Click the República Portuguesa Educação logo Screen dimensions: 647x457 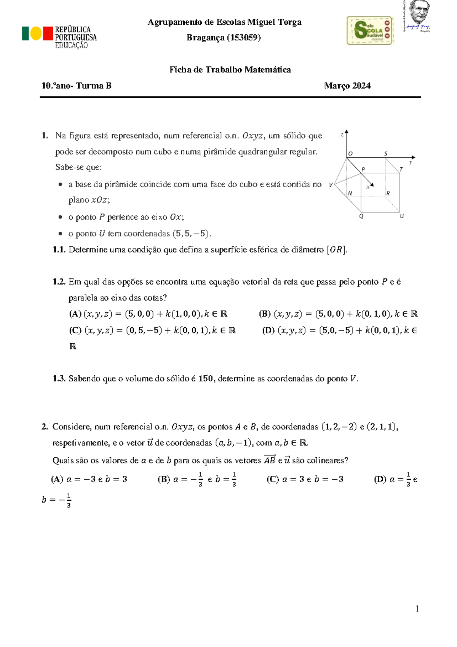(x=59, y=37)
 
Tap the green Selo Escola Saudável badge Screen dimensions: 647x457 (x=369, y=30)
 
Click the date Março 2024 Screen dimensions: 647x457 (x=347, y=86)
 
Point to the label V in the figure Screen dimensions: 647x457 (x=331, y=185)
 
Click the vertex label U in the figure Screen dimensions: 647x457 (x=401, y=216)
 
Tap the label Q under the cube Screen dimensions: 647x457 (x=361, y=216)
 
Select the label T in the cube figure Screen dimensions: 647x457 (x=401, y=169)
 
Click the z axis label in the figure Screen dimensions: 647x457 (x=342, y=135)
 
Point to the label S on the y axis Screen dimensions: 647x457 (x=385, y=153)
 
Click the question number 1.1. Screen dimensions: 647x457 (x=59, y=250)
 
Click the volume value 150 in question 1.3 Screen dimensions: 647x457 (x=206, y=379)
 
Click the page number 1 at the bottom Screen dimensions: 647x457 (x=417, y=609)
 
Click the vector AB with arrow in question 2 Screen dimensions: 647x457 (x=270, y=460)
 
